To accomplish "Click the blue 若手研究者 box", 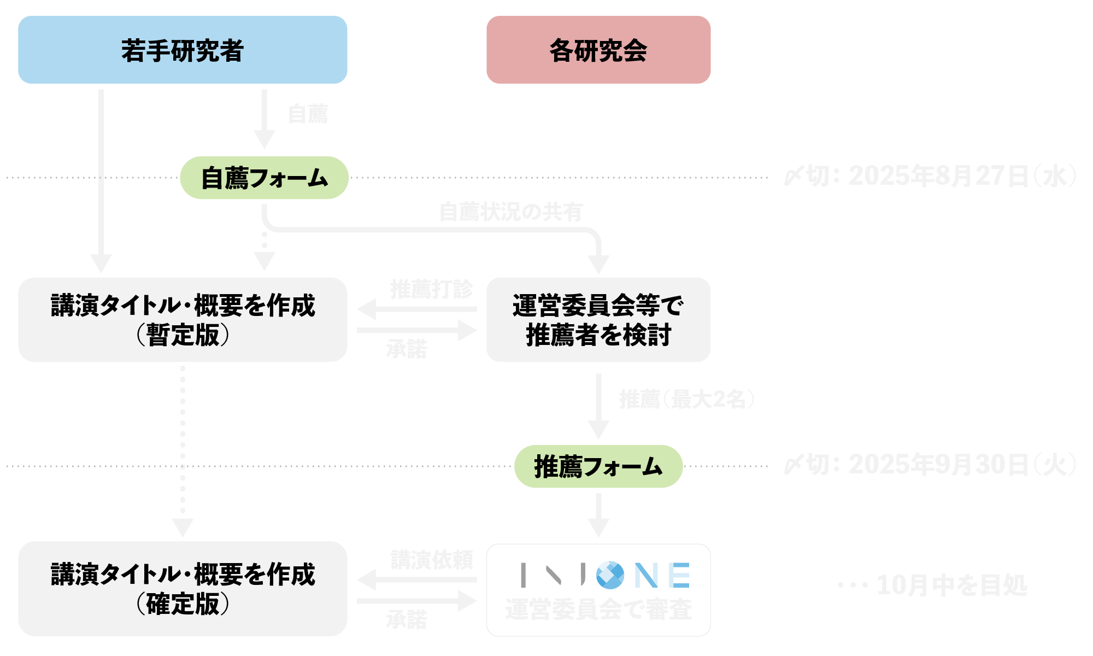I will [183, 50].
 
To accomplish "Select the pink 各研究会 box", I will [598, 50].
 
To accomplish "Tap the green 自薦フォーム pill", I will [264, 178].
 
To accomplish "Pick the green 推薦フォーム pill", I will [598, 466].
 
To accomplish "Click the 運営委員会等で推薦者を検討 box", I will [598, 319].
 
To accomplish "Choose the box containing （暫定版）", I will [183, 319].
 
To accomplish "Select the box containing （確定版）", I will [183, 589].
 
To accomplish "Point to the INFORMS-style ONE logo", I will [606, 575].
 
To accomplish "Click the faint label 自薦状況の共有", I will [510, 212].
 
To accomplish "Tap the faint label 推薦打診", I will [431, 289].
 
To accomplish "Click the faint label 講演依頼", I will [432, 560].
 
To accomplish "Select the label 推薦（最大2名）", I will [686, 399].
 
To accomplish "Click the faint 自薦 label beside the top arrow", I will [308, 114].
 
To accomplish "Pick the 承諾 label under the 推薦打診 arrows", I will [407, 349].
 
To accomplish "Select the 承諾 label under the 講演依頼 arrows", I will [407, 619].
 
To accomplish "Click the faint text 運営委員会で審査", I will [598, 610].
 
